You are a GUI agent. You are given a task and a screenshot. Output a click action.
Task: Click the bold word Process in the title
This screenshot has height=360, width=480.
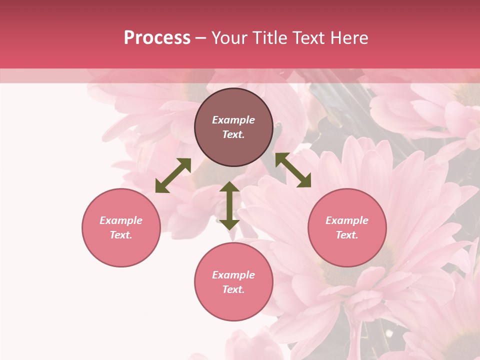click(157, 38)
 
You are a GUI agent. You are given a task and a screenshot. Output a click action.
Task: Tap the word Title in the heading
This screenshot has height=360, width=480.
click(269, 38)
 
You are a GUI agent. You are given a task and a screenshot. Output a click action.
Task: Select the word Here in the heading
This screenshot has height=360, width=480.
click(349, 38)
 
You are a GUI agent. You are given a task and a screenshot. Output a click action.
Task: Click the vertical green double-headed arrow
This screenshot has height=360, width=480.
click(229, 205)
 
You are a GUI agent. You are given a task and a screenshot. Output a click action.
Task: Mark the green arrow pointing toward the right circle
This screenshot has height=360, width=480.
click(293, 170)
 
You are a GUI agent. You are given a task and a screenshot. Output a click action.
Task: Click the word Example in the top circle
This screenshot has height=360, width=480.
click(233, 120)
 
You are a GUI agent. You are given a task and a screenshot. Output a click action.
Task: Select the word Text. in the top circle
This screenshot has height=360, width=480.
click(233, 134)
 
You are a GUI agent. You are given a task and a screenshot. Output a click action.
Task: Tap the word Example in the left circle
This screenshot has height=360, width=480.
click(121, 220)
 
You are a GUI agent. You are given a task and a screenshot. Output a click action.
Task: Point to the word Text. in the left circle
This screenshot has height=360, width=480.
click(121, 235)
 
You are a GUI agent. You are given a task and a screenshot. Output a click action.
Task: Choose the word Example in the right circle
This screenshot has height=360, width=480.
click(347, 220)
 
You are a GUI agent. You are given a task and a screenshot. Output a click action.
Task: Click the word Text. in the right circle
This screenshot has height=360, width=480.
click(347, 235)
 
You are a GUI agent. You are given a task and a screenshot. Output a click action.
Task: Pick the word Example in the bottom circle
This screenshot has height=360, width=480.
click(233, 275)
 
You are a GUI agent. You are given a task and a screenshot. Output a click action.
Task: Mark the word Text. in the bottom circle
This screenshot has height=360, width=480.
click(233, 289)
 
